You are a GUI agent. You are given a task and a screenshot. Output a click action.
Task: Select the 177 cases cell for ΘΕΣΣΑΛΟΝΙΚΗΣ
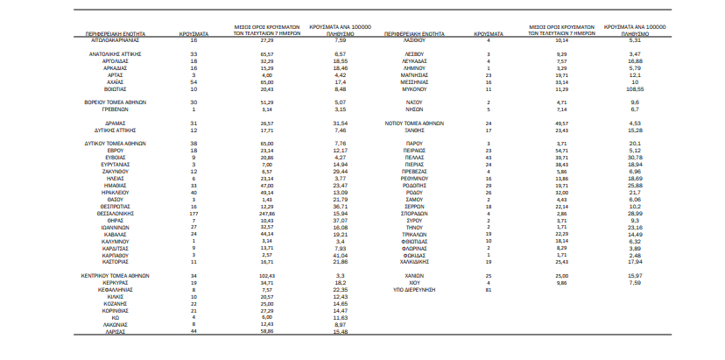coord(194,212)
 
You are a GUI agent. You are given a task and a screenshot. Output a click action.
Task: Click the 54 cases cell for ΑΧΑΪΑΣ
coord(194,82)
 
